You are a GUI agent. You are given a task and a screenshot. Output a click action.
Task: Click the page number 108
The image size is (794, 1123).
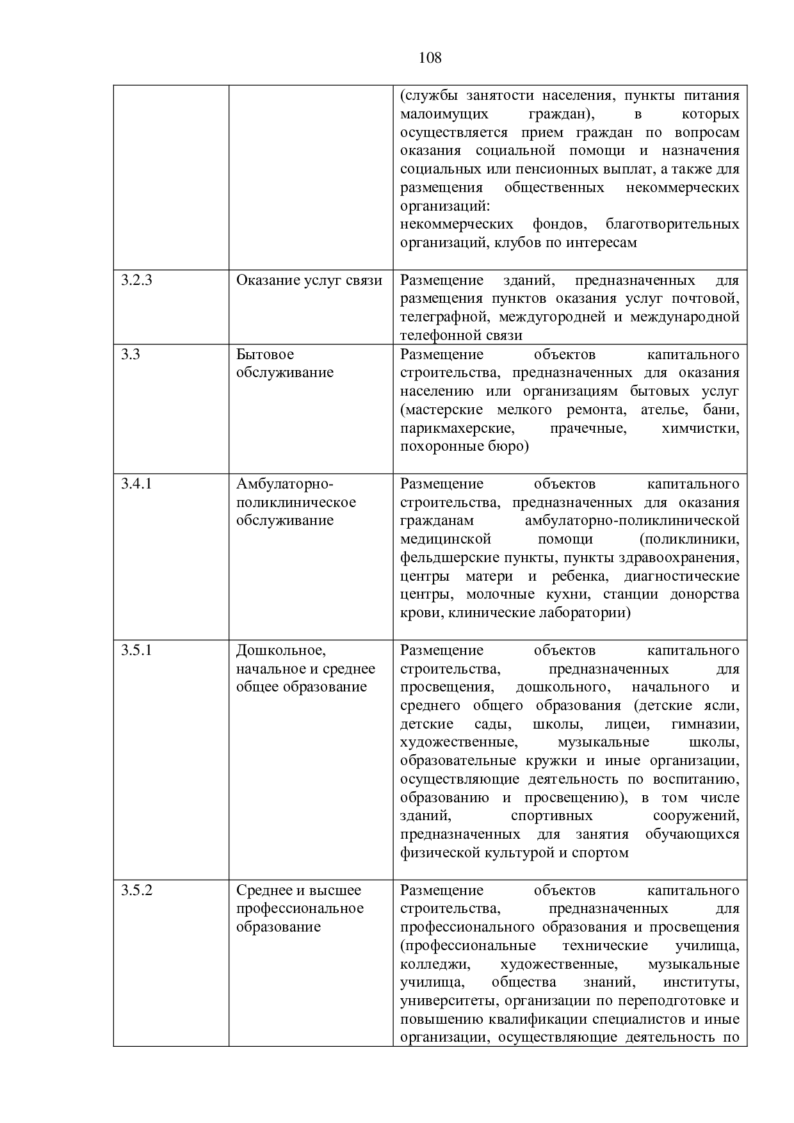point(430,58)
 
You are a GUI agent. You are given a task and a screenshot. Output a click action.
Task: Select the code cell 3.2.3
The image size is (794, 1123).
point(137,280)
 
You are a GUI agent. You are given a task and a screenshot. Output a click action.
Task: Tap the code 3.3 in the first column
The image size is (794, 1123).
point(131,354)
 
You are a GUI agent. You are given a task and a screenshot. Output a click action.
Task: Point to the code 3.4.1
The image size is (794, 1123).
point(137,483)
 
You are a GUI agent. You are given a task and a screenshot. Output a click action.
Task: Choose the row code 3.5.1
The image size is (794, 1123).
point(137,650)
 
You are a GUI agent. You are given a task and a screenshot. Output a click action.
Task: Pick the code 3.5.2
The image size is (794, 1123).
point(137,890)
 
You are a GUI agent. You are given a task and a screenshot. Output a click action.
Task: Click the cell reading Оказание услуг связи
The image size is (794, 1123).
point(309,280)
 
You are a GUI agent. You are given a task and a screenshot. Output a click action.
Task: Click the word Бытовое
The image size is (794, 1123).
point(265,354)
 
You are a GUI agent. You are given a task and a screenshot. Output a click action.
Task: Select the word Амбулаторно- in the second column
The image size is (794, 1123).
point(285,483)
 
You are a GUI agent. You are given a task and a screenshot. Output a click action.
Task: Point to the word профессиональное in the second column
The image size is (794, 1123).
point(300,909)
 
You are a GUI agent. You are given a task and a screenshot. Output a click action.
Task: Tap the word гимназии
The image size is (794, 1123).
point(704,724)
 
